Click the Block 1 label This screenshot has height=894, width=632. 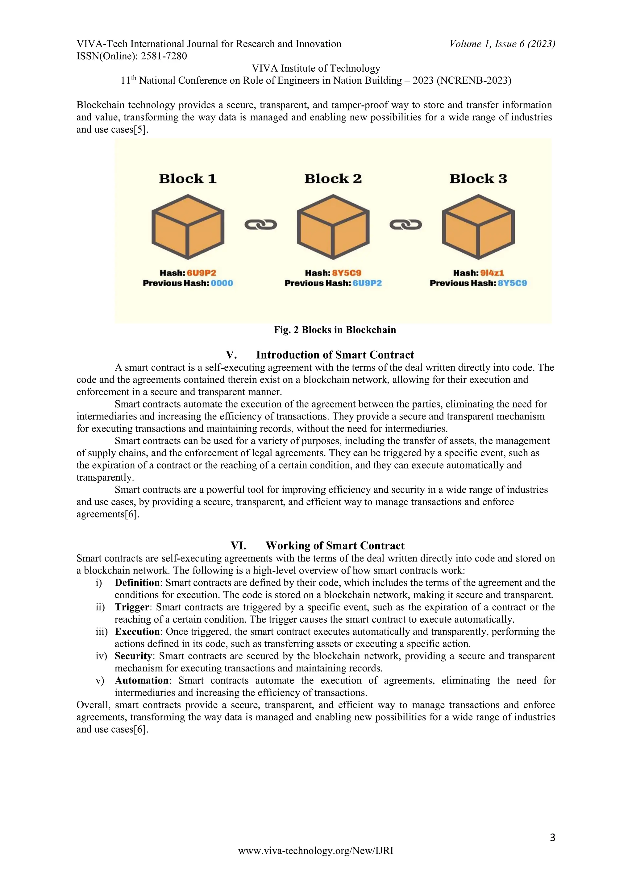(188, 179)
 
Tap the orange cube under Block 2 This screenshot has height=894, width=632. (333, 227)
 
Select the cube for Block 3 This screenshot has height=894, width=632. (478, 227)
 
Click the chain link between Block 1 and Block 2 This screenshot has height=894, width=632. (260, 225)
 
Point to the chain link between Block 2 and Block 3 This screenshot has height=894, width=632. (405, 225)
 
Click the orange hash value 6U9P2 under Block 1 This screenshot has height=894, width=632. (201, 273)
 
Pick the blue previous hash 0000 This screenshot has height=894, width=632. (222, 283)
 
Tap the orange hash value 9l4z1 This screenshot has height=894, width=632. (492, 273)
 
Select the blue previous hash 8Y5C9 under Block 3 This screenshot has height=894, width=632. (512, 283)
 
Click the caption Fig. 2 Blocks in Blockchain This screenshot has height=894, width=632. (335, 330)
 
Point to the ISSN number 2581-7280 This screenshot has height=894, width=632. (164, 56)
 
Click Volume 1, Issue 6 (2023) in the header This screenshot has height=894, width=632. (502, 44)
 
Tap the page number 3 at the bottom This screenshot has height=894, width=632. (552, 837)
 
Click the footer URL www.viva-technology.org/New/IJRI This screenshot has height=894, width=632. (316, 851)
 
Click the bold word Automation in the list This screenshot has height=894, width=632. (142, 680)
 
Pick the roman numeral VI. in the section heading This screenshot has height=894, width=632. (238, 545)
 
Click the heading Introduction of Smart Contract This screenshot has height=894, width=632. (335, 355)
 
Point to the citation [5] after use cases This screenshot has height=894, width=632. (141, 129)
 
